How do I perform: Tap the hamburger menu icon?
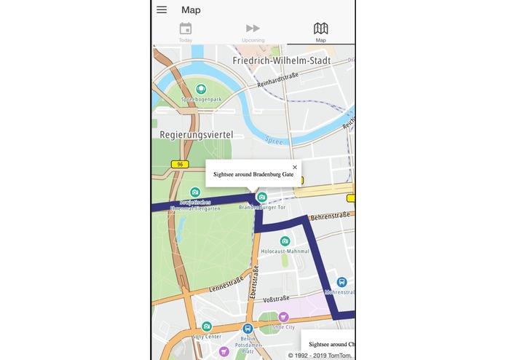click(x=162, y=9)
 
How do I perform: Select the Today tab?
click(x=186, y=32)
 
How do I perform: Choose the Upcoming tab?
click(x=253, y=32)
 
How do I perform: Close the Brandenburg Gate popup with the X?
click(x=294, y=167)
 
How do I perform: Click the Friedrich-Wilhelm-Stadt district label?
click(x=282, y=60)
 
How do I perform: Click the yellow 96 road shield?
click(x=180, y=164)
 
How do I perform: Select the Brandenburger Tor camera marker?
click(x=262, y=197)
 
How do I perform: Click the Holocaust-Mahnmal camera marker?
click(x=285, y=241)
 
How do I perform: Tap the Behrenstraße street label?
click(x=330, y=216)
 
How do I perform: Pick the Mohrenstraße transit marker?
click(x=341, y=282)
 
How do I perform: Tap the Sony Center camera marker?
click(x=207, y=326)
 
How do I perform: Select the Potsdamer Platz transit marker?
click(x=248, y=329)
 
